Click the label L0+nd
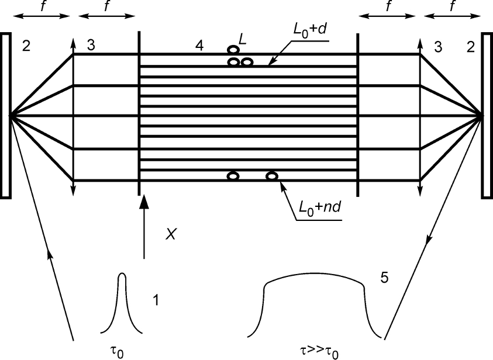318,207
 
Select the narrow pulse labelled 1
122,304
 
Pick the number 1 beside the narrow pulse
156,301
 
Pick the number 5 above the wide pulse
384,278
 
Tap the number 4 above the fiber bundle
199,46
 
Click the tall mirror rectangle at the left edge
5,116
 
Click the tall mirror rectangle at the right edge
487,116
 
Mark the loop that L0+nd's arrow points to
272,175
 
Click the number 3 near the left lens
91,46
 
